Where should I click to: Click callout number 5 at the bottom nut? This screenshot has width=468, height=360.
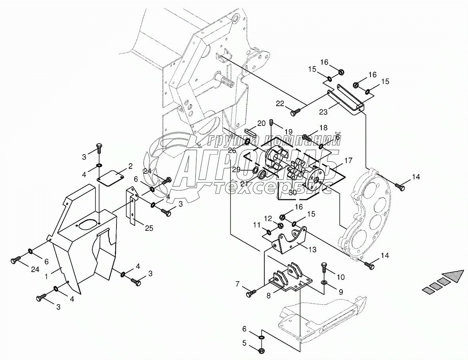(245, 343)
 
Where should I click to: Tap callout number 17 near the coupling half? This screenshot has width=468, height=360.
(348, 160)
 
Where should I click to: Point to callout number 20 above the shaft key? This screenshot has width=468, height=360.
(261, 123)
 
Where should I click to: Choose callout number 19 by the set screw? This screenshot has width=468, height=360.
(288, 131)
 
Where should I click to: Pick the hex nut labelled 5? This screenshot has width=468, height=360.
(262, 350)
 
